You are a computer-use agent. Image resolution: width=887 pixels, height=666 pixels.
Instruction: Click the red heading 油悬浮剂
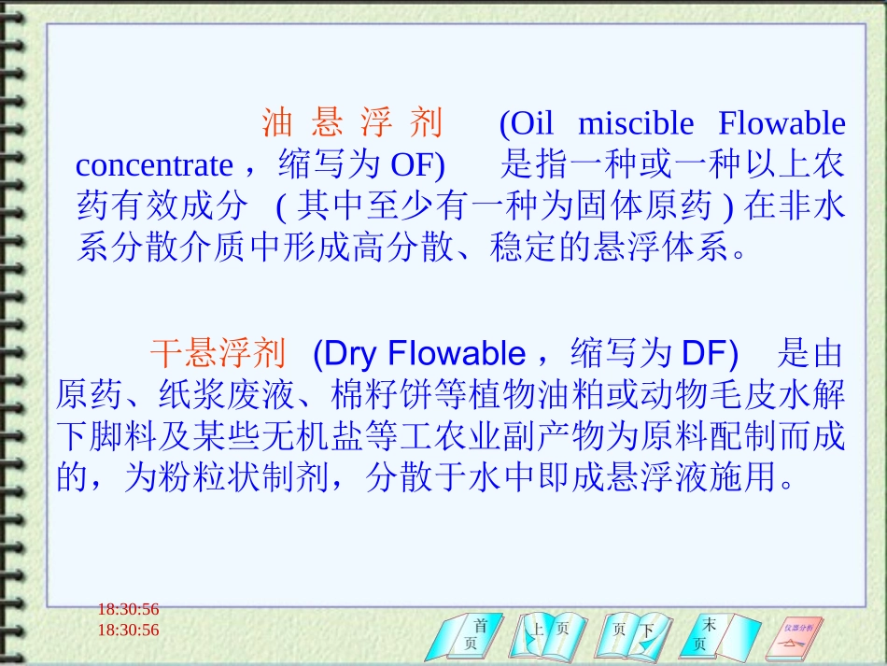(352, 123)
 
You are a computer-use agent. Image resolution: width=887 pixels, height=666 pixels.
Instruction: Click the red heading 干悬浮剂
(217, 353)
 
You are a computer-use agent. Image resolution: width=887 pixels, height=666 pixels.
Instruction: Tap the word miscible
(636, 123)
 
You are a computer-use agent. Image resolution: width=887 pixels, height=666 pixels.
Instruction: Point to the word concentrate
(154, 165)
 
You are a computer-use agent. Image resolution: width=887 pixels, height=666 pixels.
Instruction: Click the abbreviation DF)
(711, 353)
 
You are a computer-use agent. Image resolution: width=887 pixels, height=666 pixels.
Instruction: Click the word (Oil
(527, 123)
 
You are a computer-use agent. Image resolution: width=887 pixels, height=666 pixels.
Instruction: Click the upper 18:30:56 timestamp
(128, 610)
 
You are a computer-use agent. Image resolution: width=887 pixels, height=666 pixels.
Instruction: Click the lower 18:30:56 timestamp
(128, 631)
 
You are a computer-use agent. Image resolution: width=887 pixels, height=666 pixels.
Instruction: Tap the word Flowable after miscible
(781, 123)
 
